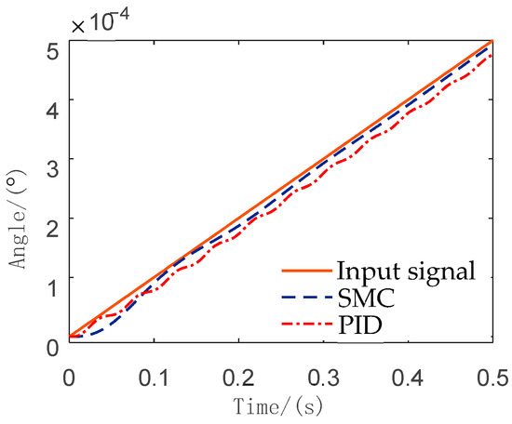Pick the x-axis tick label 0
click(68, 378)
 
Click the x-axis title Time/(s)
click(279, 407)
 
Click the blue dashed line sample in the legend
click(306, 298)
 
